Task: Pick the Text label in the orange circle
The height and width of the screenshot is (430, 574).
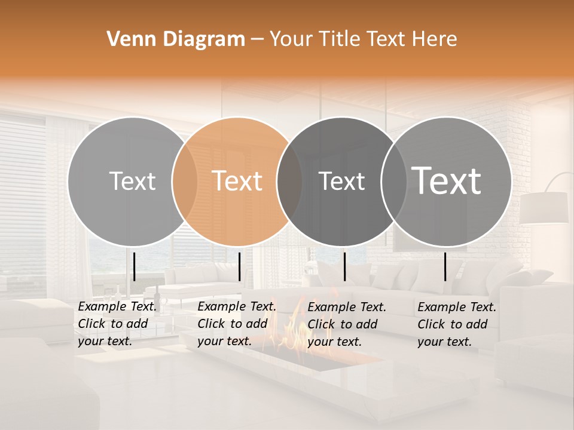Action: coord(237,181)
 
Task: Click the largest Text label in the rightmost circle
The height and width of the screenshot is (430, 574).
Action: coord(447,181)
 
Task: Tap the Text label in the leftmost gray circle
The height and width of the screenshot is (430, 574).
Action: coord(132,181)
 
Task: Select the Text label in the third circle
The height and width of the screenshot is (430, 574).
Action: coord(341,181)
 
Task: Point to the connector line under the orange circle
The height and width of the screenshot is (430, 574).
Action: coord(239,266)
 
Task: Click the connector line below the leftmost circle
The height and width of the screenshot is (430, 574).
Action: coord(134,266)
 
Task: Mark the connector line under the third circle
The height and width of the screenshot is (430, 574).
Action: coord(345,266)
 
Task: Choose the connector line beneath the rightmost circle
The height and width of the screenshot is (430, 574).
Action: coord(445,266)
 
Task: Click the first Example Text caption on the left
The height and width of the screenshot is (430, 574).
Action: coord(117,324)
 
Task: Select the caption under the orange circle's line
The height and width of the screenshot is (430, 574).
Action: coord(236,324)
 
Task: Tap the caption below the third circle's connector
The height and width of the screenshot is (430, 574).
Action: coord(347,324)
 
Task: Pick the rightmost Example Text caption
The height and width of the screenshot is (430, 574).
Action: coord(456,324)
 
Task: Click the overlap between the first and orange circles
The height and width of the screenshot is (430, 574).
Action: coord(185,181)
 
